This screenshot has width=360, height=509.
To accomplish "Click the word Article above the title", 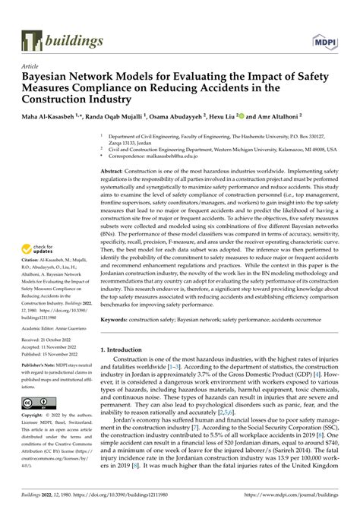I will click(x=32, y=66).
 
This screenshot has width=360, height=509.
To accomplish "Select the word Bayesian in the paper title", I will click(x=51, y=77).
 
